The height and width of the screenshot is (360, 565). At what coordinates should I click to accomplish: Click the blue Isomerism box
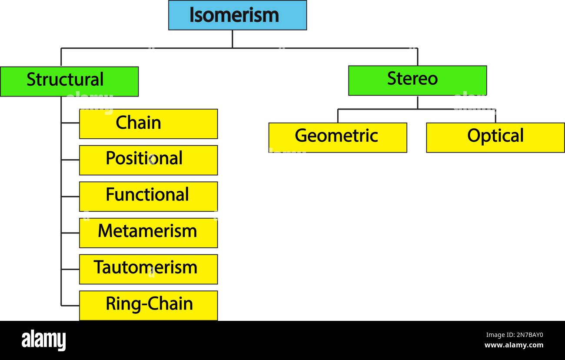point(237,15)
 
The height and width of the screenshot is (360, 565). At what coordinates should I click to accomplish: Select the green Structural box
point(69,81)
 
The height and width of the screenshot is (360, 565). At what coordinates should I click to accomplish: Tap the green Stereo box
point(417,80)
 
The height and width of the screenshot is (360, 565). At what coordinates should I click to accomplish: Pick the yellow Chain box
point(148,124)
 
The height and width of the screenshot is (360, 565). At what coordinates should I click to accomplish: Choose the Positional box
point(148,160)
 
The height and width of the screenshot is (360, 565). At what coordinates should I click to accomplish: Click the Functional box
point(148,197)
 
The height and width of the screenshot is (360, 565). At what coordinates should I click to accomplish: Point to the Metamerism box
point(148,233)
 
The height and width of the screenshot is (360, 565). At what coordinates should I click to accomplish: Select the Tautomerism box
point(148,269)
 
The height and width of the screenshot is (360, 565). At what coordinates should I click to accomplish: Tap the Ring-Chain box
point(148,305)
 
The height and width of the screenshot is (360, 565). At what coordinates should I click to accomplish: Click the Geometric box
point(338,137)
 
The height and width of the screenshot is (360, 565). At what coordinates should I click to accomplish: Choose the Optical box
point(495,137)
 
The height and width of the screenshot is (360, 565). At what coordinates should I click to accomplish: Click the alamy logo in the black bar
point(44,340)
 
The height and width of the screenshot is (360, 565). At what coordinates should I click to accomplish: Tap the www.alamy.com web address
point(513,346)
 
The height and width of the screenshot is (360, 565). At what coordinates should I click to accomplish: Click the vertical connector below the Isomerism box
point(232,39)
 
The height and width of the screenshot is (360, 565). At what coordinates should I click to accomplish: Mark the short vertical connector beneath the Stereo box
point(417,102)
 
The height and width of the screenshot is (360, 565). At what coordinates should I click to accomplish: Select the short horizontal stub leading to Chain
point(70,123)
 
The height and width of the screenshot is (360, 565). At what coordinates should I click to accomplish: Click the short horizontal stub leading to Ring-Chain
point(70,305)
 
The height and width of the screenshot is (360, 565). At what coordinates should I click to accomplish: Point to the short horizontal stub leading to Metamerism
point(70,233)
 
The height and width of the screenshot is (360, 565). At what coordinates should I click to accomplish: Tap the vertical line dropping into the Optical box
point(495,116)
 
